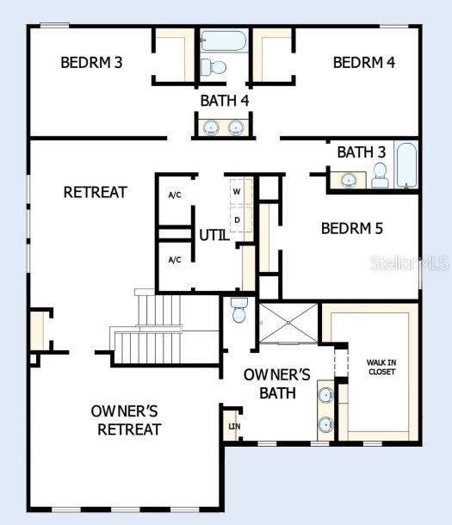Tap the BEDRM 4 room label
(364, 62)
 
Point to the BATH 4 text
(226, 100)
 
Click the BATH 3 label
(361, 152)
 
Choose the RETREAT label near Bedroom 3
(96, 192)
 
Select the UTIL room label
(214, 234)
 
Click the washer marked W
(237, 191)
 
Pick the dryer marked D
(237, 219)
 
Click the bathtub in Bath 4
(224, 40)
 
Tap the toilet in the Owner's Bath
(239, 310)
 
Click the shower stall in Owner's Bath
(288, 323)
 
